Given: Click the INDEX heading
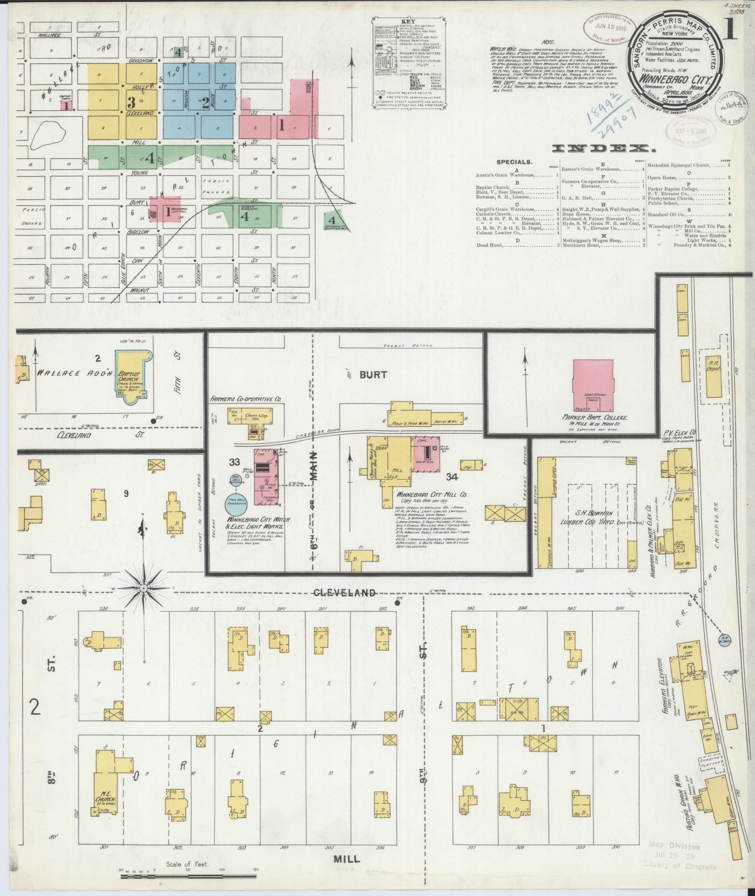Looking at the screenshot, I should [x=603, y=149].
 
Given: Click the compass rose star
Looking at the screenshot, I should [x=144, y=588].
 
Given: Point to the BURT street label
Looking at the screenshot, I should [x=373, y=375].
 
